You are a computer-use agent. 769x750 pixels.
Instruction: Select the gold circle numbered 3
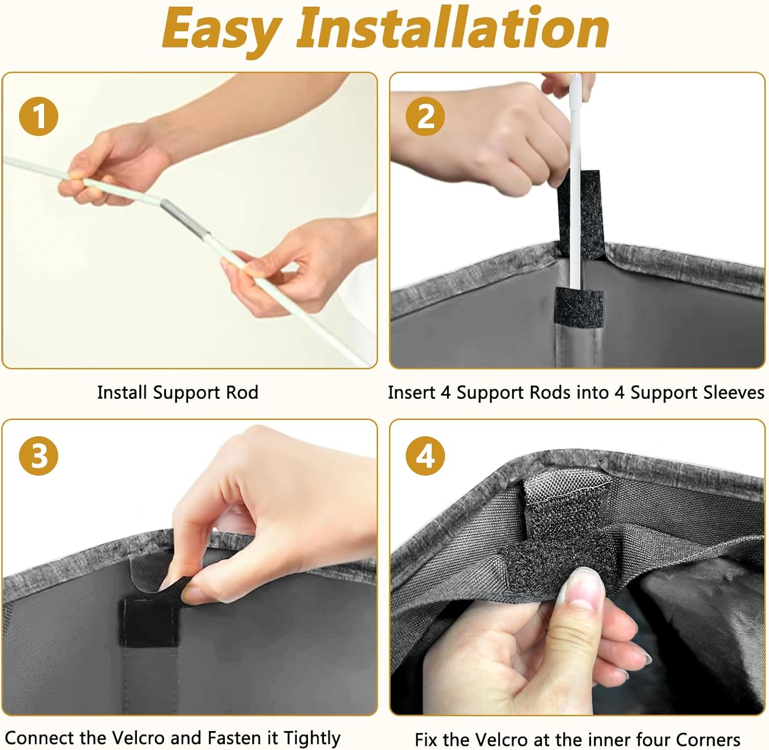pyautogui.click(x=38, y=455)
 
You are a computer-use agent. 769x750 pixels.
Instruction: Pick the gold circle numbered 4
pyautogui.click(x=426, y=455)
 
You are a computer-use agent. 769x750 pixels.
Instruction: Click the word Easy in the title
pyautogui.click(x=222, y=30)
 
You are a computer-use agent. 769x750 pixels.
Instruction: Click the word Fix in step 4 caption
pyautogui.click(x=426, y=740)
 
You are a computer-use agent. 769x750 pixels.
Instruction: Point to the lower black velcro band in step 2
pyautogui.click(x=579, y=307)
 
